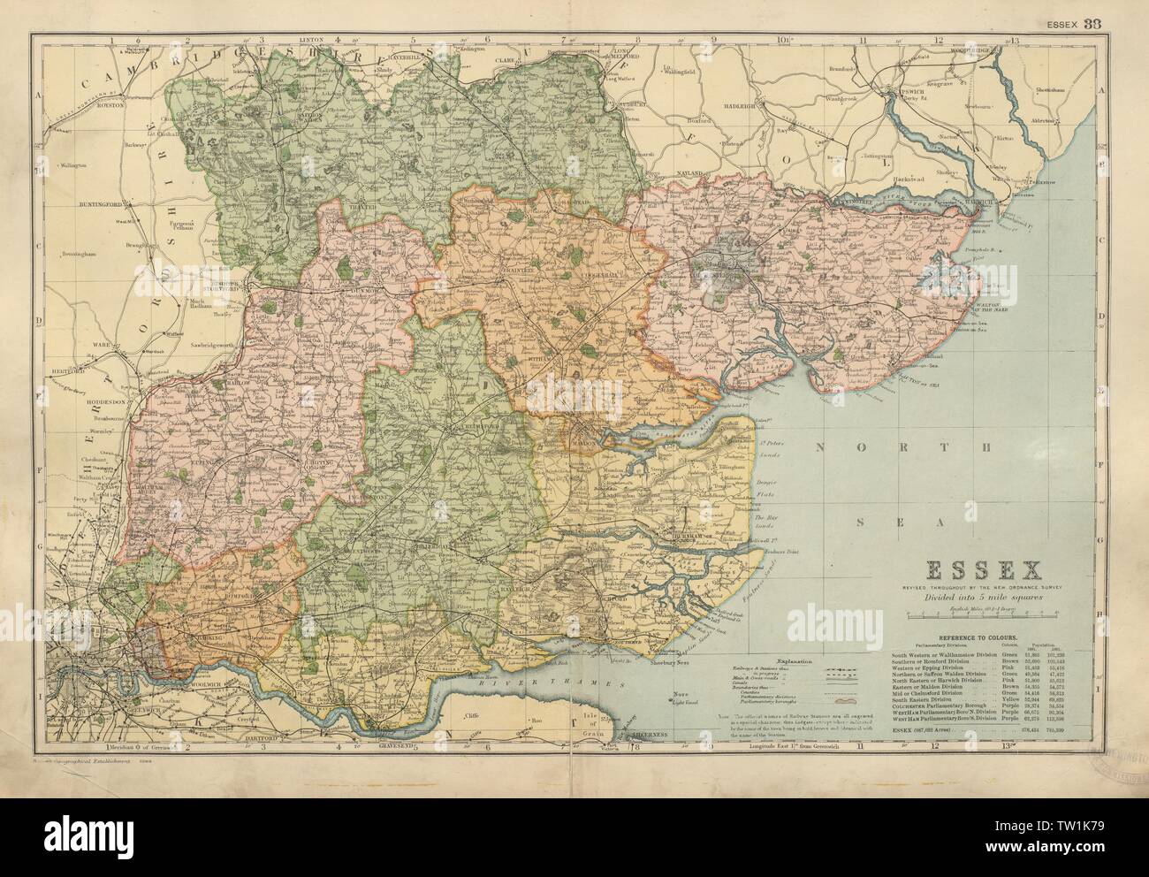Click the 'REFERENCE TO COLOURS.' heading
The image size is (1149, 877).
946,637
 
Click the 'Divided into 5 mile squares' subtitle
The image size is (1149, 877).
946,598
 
